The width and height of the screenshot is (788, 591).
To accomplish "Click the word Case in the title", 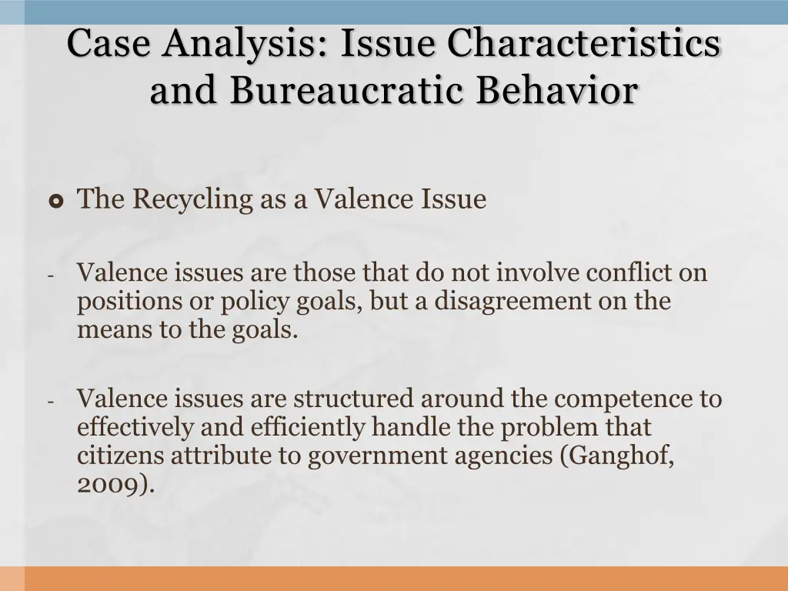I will click(x=107, y=43).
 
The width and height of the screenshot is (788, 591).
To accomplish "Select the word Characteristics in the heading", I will click(x=584, y=43).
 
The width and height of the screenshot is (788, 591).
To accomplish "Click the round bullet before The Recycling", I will click(x=55, y=202).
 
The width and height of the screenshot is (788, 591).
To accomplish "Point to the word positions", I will click(x=124, y=301).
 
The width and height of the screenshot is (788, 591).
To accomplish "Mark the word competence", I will click(x=620, y=399).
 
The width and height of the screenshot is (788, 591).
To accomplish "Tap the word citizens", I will click(x=121, y=456).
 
